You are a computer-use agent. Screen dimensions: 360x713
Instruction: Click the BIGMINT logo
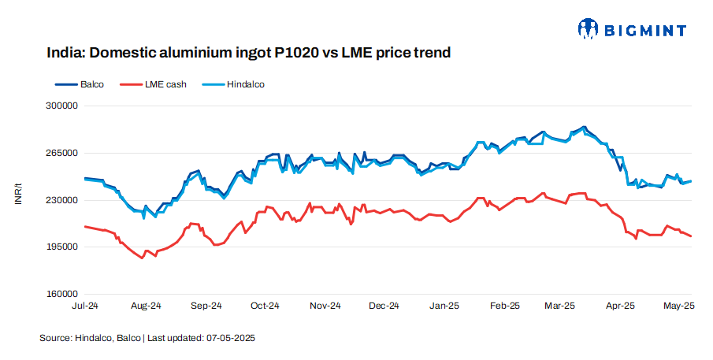tap(632, 30)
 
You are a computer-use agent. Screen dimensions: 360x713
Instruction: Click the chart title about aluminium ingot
tap(248, 54)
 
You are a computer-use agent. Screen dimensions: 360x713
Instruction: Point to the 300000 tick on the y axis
tap(61, 106)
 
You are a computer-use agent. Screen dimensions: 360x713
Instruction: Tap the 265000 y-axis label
tap(61, 153)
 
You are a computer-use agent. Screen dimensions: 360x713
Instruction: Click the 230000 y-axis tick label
tap(61, 200)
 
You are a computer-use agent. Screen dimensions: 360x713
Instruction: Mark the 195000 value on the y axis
tap(61, 247)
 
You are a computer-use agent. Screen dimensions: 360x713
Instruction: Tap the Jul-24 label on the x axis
tap(85, 305)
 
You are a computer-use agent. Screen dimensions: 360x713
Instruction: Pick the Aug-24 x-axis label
tap(146, 305)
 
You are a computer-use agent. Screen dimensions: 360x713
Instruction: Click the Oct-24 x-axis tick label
tap(265, 305)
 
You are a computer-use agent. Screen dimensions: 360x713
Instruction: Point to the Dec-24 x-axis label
tap(384, 305)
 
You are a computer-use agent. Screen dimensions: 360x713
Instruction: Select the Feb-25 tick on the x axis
tap(504, 305)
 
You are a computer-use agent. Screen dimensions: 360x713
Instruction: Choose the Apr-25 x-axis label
tap(620, 305)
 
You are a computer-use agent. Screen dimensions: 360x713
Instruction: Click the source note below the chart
tap(147, 337)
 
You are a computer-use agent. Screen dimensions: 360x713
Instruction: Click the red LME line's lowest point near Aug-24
tap(143, 258)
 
